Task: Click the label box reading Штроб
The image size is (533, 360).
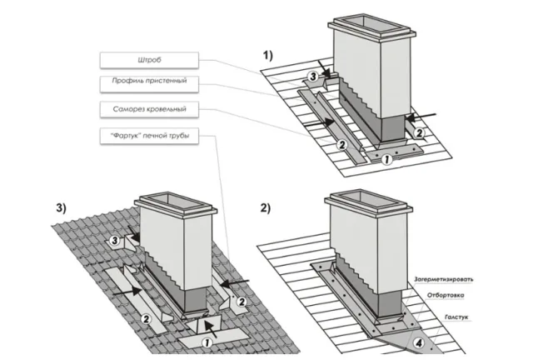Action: point(149,61)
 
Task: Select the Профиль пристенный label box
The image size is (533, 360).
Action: point(149,84)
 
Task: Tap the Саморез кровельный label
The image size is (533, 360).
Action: point(149,109)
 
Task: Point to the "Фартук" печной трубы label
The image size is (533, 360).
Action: point(149,136)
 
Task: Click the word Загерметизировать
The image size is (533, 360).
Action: point(443,280)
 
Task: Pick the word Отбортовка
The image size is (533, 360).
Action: point(446,295)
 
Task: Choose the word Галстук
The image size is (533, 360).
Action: point(456,317)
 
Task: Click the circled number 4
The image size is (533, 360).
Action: point(419,343)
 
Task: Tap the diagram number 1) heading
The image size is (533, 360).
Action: point(268,55)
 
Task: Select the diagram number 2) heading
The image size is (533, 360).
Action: point(266,207)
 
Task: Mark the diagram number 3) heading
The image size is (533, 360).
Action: point(61,207)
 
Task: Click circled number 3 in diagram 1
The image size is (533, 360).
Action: point(313,77)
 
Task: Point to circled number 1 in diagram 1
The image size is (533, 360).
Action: point(386,159)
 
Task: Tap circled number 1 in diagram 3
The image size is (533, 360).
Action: point(207,342)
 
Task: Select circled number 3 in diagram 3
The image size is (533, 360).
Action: point(115,241)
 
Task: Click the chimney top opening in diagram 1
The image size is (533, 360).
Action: point(372,25)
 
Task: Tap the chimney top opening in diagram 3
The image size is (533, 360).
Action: point(176,202)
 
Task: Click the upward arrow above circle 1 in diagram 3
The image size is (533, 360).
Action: point(211,330)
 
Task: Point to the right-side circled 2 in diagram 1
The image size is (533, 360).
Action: point(420,133)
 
